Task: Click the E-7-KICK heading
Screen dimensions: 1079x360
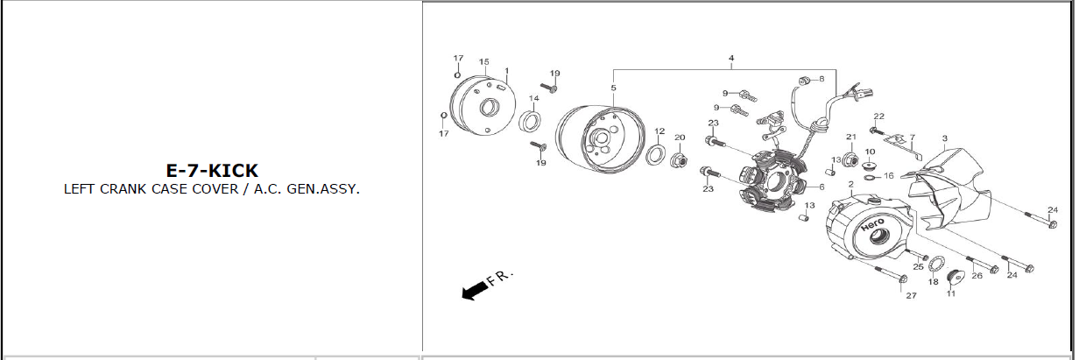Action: click(x=212, y=171)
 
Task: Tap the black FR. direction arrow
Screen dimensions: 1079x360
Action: click(x=476, y=290)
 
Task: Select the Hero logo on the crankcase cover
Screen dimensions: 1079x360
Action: click(x=872, y=224)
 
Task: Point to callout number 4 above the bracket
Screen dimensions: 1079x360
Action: click(x=731, y=58)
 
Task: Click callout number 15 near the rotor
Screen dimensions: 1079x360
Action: click(x=484, y=61)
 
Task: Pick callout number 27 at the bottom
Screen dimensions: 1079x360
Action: click(x=912, y=295)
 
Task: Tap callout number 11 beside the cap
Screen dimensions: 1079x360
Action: click(x=950, y=293)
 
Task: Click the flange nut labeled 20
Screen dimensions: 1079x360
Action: click(x=678, y=159)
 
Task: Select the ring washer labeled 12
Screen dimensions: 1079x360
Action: click(x=655, y=154)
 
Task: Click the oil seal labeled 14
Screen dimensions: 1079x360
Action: click(x=530, y=121)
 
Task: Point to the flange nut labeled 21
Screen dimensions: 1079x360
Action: click(x=850, y=159)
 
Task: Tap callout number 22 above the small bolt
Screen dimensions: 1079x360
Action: click(x=879, y=116)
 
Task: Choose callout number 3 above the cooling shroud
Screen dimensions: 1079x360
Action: click(x=945, y=138)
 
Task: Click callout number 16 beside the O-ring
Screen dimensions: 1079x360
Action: click(x=889, y=176)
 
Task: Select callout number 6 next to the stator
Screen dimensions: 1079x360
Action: click(x=822, y=187)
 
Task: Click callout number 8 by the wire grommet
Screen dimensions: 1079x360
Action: click(x=822, y=79)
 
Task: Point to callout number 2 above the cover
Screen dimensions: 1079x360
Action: click(x=851, y=184)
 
